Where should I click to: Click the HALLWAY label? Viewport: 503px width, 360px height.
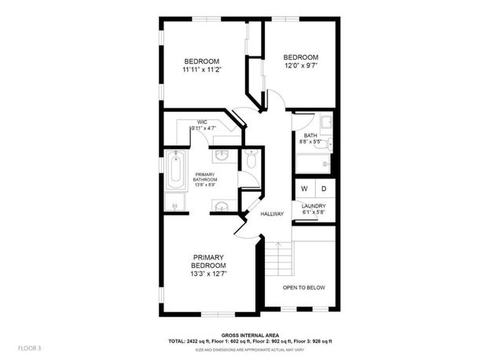tap(272, 214)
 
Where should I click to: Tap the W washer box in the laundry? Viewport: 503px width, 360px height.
tap(304, 189)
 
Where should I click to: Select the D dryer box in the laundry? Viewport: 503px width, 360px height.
tap(323, 189)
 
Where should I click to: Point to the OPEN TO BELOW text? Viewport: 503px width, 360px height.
tap(304, 288)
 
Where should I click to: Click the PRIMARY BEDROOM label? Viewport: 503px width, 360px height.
tap(209, 261)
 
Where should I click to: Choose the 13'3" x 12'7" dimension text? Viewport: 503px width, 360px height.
tap(209, 274)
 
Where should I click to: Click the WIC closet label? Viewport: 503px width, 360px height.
tap(202, 122)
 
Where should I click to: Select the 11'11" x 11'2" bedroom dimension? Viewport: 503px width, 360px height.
tap(202, 70)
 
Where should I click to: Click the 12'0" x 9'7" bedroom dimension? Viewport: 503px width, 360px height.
tap(301, 66)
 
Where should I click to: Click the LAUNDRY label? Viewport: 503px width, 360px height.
tap(314, 206)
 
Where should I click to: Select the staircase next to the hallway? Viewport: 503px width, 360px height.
tap(277, 259)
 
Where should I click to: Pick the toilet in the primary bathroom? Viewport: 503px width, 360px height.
tap(251, 161)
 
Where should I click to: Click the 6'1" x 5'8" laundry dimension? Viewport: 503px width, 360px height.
tap(314, 213)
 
